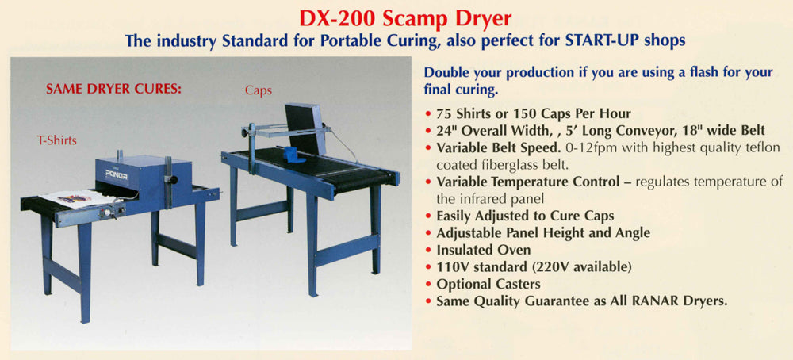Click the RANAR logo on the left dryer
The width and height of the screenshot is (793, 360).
click(x=117, y=175)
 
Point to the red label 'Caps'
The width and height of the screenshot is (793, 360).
click(x=259, y=90)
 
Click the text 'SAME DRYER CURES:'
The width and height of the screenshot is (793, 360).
click(x=115, y=89)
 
